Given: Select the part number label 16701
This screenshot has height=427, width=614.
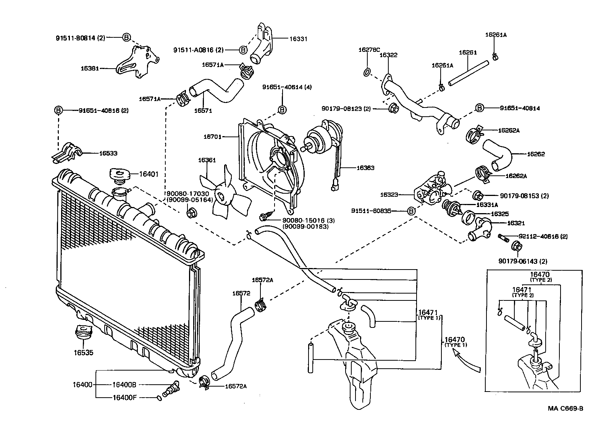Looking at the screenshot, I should pyautogui.click(x=212, y=136).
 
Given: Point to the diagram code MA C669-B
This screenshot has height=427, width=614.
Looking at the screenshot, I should pyautogui.click(x=566, y=409).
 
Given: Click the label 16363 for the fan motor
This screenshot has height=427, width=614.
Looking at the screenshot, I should pyautogui.click(x=365, y=168).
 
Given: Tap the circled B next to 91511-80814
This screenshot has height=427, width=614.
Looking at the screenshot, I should pyautogui.click(x=127, y=37).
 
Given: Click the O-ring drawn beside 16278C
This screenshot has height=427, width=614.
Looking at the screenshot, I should pyautogui.click(x=367, y=72).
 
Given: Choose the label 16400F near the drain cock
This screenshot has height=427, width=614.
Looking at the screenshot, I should pyautogui.click(x=124, y=397).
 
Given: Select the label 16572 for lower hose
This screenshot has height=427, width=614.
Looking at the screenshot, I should pyautogui.click(x=241, y=293).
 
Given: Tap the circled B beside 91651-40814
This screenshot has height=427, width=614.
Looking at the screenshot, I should pyautogui.click(x=480, y=108).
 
